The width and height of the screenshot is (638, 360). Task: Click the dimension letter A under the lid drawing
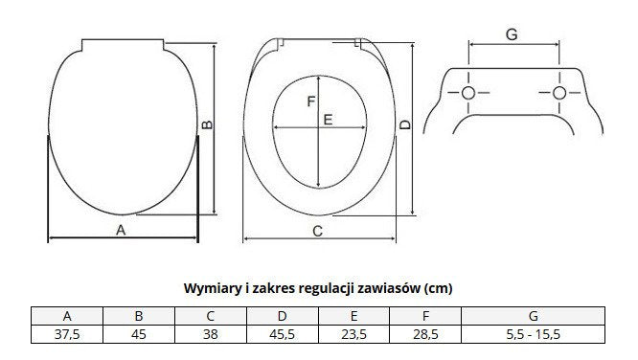(x=121, y=230)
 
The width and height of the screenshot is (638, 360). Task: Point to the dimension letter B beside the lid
(x=208, y=124)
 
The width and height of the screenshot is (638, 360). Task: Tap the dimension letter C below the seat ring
(x=318, y=231)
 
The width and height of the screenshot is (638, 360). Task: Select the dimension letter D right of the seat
(x=405, y=124)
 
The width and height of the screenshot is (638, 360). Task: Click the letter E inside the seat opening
(x=328, y=120)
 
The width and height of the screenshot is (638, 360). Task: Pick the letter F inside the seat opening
(x=311, y=101)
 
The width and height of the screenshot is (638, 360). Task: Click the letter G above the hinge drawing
(x=512, y=34)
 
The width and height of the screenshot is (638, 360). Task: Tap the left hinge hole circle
(x=468, y=93)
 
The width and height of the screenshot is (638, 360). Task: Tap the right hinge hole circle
(x=559, y=93)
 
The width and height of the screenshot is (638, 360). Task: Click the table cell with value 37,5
(x=67, y=334)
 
